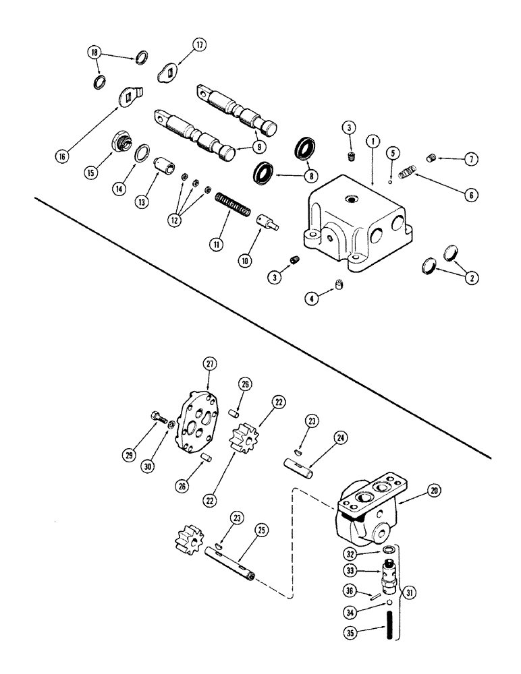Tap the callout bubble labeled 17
pos(199,45)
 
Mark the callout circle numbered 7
pos(470,159)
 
